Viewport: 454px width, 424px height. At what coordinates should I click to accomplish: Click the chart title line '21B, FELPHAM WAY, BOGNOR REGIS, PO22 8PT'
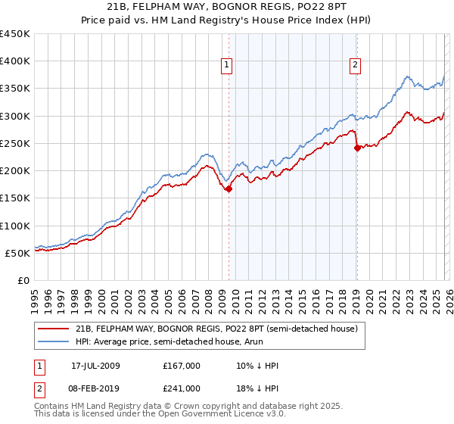click(227, 8)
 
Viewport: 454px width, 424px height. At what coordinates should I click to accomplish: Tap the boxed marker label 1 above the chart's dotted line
click(227, 66)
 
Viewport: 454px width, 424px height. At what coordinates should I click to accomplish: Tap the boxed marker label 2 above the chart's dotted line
click(355, 66)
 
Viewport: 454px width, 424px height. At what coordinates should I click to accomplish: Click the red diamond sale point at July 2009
click(229, 189)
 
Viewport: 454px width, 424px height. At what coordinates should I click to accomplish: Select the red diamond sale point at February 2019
click(356, 148)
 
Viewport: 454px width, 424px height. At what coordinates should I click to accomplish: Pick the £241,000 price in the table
click(182, 388)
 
